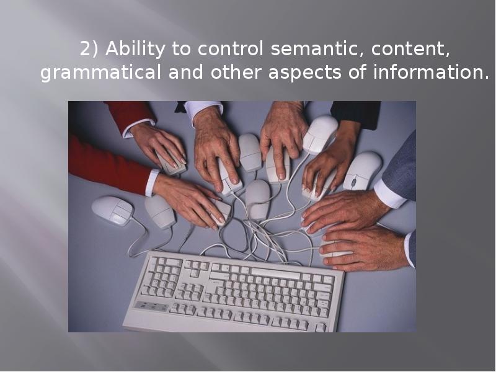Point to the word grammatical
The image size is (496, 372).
click(x=100, y=73)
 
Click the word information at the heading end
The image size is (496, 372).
click(x=430, y=73)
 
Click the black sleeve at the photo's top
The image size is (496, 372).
click(x=356, y=112)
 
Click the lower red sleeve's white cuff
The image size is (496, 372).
click(x=151, y=182)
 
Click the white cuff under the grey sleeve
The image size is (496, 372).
click(x=389, y=195)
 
